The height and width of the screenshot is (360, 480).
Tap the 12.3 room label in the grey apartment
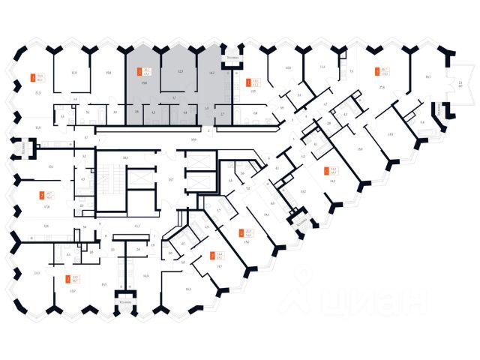point(180,72)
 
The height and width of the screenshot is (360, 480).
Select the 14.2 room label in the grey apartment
point(212,73)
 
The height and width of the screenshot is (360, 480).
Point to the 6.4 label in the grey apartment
point(184,112)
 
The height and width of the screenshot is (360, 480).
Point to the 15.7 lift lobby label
point(170,180)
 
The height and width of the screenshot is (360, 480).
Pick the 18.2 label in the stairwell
point(126,157)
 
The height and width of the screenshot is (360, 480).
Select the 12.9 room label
point(74,73)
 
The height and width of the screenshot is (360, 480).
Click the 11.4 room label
point(322,67)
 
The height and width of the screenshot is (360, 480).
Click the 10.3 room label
point(187,288)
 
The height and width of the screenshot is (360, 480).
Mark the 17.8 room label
point(46,206)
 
